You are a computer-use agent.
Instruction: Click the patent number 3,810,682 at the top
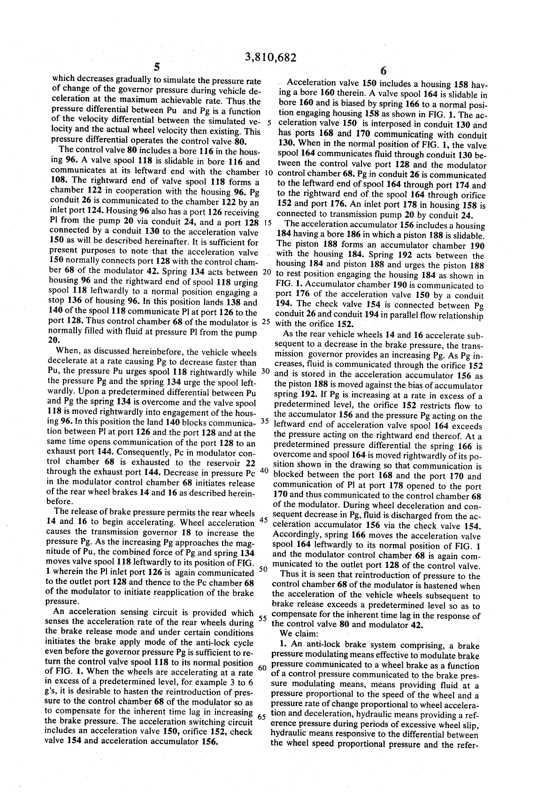tap(271, 57)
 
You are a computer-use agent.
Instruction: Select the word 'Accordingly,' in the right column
tap(297, 535)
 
